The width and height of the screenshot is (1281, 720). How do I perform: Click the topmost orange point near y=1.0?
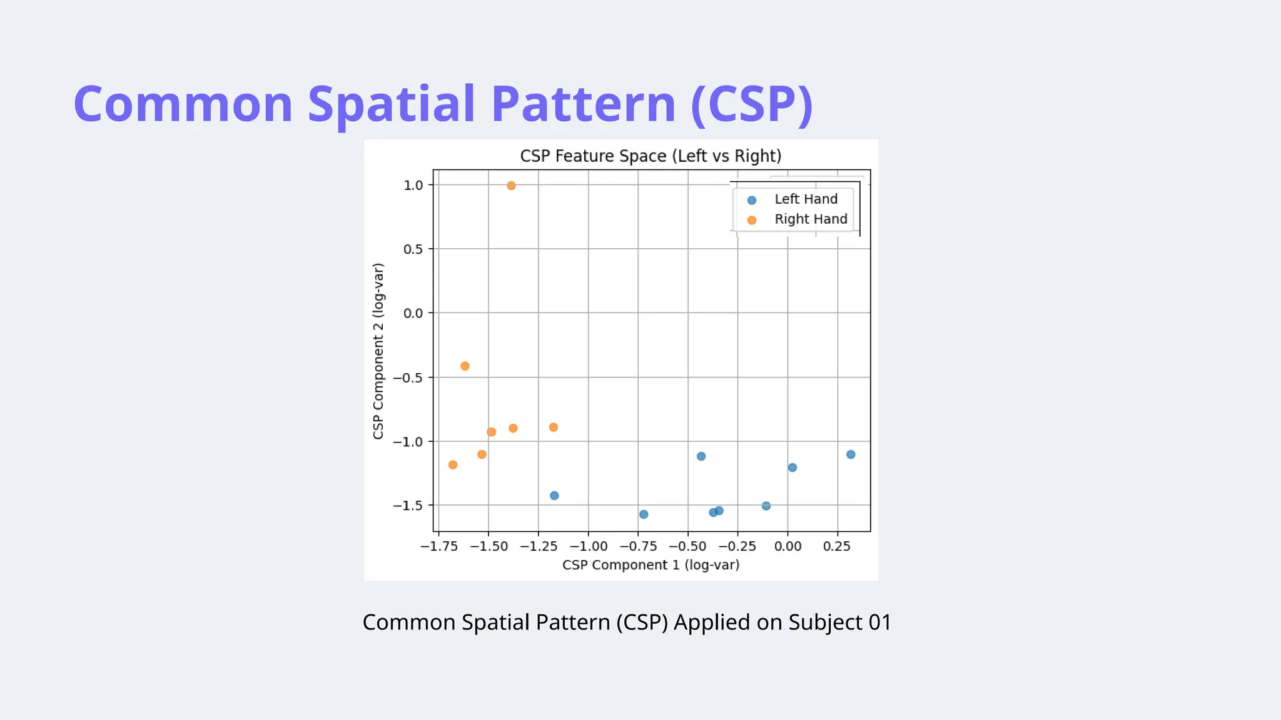pos(511,186)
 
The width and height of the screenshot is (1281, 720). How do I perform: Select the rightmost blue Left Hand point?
pos(851,454)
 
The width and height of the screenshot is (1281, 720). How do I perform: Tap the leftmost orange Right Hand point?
pos(453,464)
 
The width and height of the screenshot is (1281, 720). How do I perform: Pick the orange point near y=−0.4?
pos(465,366)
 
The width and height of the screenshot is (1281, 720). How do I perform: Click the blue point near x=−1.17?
pos(554,496)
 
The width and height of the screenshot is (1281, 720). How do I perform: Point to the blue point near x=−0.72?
pos(644,514)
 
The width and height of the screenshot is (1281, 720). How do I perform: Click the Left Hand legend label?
pos(806,199)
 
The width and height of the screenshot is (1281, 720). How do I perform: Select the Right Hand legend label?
pos(811,219)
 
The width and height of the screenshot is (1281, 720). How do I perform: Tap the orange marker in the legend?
pos(752,220)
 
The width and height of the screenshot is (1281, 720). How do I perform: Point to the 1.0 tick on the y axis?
pos(413,185)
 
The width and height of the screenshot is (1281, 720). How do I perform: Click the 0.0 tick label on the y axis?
pos(413,313)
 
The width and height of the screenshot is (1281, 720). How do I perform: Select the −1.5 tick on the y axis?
pos(408,506)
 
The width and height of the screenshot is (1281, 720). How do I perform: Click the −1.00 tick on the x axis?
pos(589,546)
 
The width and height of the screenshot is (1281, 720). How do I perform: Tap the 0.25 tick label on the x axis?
pos(837,546)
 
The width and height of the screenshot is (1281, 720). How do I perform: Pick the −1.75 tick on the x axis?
pos(439,546)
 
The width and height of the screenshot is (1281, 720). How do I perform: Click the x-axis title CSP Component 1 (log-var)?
pos(651,565)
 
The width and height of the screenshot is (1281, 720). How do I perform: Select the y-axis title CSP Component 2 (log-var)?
pos(378,351)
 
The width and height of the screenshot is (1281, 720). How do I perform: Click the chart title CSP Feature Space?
pos(651,156)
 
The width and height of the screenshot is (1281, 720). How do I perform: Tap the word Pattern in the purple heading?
pos(583,104)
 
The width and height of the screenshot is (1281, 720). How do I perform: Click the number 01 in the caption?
pos(879,622)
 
